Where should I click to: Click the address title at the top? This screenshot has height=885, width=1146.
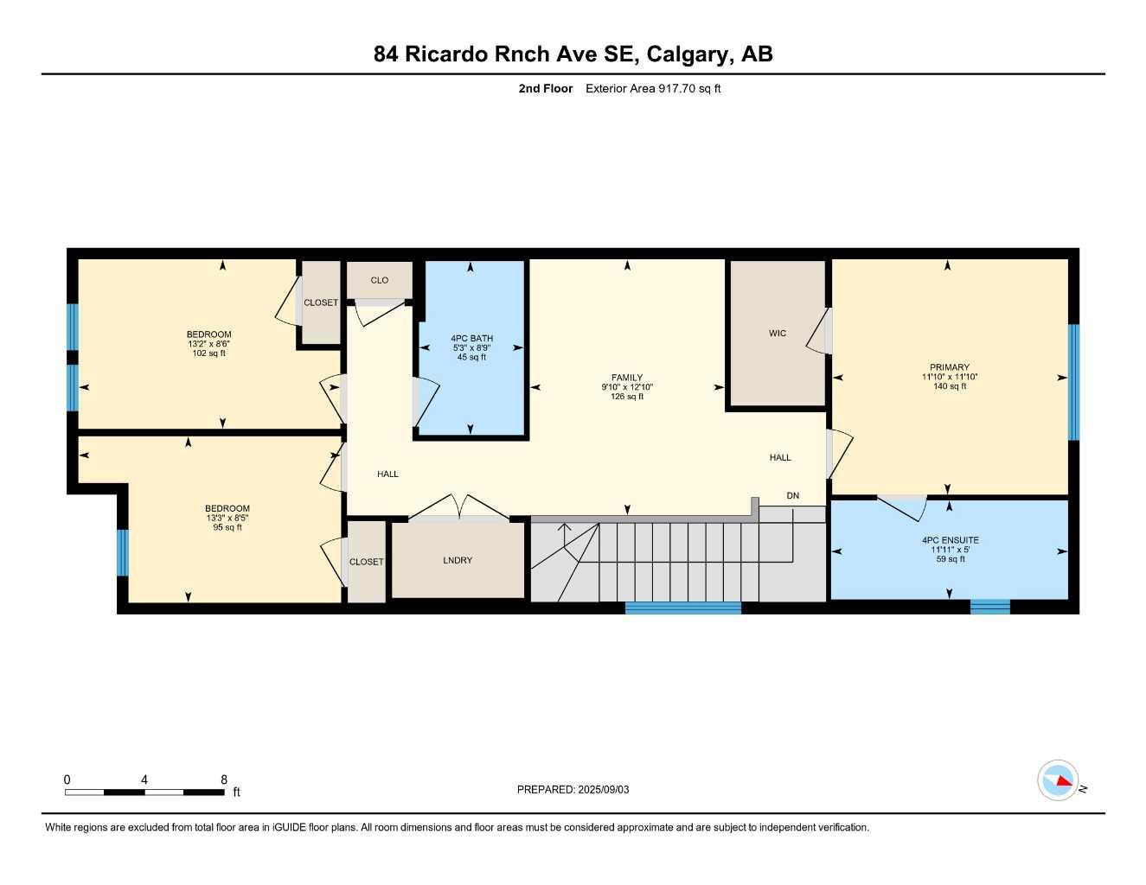pos(573,54)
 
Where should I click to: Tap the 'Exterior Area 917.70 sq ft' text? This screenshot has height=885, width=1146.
pos(653,88)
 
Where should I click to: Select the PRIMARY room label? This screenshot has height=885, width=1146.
pos(949,367)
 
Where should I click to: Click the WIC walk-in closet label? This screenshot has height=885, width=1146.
pos(778,334)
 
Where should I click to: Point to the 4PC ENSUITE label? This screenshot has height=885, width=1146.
pos(950,540)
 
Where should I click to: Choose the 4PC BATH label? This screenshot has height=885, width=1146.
pos(471,339)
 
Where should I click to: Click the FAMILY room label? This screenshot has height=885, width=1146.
pos(627,378)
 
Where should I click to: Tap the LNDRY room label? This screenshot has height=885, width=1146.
pos(458,561)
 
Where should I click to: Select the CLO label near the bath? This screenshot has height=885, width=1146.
pos(379,280)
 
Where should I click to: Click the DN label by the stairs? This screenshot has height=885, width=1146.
pos(792,496)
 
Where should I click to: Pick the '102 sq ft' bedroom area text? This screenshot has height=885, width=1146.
pos(208,353)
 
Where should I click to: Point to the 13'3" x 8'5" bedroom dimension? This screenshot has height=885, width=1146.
pos(227,519)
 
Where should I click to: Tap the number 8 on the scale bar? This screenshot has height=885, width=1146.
pos(224,780)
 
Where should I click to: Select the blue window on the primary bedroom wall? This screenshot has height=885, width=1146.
pos(1073,382)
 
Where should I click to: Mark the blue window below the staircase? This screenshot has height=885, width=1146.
pos(682,608)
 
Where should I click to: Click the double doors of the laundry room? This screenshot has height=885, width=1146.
pos(458,508)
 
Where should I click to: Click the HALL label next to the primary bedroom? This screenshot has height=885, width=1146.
pos(780,458)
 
